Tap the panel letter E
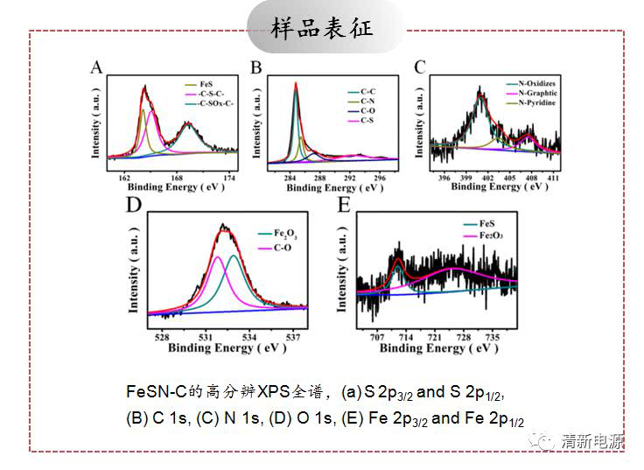tap(344, 205)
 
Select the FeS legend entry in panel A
tap(206, 84)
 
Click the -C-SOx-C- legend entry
tap(217, 105)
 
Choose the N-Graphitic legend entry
tap(537, 94)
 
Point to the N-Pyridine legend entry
tap(537, 103)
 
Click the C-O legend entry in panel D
tap(282, 248)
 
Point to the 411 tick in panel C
tap(553, 177)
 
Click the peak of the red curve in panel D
tap(225, 227)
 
